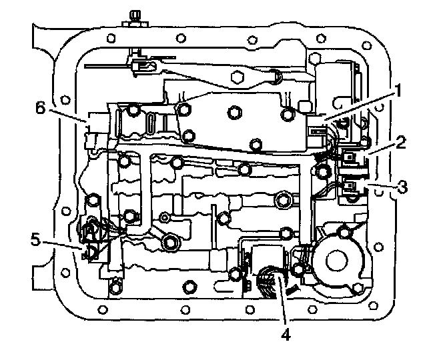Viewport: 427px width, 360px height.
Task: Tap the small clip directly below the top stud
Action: [139, 64]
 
